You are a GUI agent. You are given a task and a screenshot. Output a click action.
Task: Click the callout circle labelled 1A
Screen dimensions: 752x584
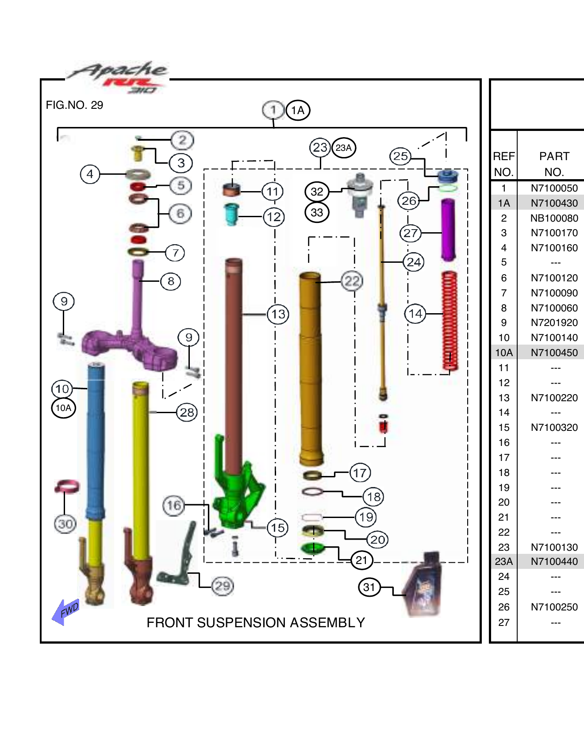[x=298, y=110]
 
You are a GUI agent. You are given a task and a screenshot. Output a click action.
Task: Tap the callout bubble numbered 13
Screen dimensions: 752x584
[x=278, y=314]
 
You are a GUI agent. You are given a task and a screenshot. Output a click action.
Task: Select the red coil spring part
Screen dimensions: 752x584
[x=450, y=321]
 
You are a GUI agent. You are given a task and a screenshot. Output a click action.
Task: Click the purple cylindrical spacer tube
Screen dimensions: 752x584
[x=448, y=230]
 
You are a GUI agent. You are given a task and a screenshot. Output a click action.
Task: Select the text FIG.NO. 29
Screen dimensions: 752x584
[x=74, y=105]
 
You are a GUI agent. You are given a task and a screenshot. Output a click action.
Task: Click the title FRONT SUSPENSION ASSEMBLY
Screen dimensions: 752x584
[x=256, y=622]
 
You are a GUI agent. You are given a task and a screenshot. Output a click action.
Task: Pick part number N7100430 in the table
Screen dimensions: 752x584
[x=554, y=203]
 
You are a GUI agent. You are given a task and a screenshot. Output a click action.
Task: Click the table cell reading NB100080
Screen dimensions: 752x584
[x=554, y=218]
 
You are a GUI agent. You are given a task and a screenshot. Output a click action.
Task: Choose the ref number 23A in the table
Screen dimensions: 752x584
[x=503, y=561]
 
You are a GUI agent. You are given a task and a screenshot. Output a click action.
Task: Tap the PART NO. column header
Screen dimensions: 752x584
[x=554, y=164]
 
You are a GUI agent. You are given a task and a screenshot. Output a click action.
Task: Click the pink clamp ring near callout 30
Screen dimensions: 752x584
[x=67, y=487]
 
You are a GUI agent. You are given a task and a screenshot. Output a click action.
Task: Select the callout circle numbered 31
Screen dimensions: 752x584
[x=369, y=587]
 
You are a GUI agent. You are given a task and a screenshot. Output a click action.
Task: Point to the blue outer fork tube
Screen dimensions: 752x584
[x=96, y=442]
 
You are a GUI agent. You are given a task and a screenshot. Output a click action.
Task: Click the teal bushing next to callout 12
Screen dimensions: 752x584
[x=231, y=214]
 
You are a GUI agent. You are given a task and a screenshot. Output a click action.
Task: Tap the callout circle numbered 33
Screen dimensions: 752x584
[x=317, y=212]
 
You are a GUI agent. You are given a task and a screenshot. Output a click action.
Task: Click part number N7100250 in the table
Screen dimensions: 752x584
[x=554, y=607]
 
